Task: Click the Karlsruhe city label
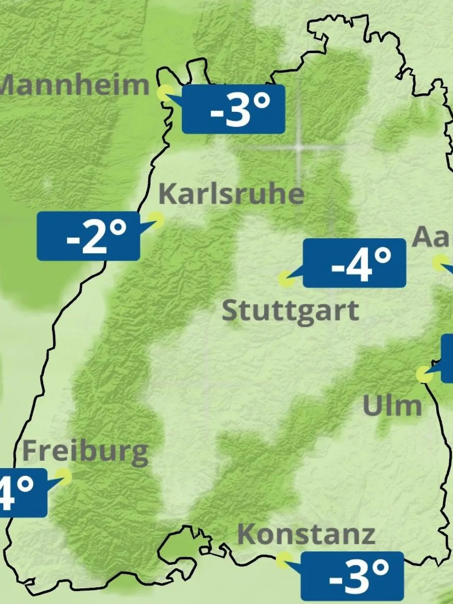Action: click(x=231, y=194)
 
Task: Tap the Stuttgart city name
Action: click(x=290, y=311)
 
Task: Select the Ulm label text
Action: click(x=392, y=406)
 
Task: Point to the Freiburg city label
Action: click(x=85, y=451)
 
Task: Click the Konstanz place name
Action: click(x=306, y=535)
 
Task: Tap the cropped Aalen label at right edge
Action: click(x=433, y=237)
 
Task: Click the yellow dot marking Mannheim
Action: click(x=165, y=92)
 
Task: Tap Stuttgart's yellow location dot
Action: click(x=286, y=279)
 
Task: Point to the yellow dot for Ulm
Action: click(x=424, y=374)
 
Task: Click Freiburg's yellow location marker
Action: click(x=63, y=476)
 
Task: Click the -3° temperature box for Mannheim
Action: click(x=233, y=109)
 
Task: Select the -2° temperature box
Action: click(x=88, y=236)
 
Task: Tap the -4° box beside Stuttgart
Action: click(x=354, y=263)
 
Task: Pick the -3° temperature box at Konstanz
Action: click(x=352, y=576)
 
